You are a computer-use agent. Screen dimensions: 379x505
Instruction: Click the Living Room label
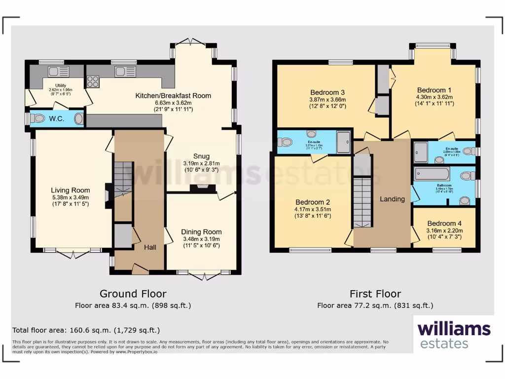pos(71,190)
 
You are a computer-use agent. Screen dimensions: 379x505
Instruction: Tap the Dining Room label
pos(201,232)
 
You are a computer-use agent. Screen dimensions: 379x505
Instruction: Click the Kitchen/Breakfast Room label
pos(173,96)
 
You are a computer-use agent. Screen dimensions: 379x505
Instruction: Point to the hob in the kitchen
pos(93,81)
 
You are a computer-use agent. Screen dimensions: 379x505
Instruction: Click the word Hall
pos(150,247)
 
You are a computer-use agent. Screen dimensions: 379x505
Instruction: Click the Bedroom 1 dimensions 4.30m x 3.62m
pos(434,97)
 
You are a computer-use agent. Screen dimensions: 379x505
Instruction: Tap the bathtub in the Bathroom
pos(432,174)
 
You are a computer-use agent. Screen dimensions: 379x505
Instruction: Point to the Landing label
pos(392,199)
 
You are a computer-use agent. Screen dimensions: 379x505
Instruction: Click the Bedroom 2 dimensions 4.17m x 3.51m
pos(313,209)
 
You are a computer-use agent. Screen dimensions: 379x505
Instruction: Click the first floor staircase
pos(362,202)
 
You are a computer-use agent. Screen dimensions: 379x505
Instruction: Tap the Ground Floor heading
pos(133,294)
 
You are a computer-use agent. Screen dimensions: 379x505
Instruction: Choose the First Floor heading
pos(375,294)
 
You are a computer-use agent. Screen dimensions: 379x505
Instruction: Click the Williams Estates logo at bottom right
pos(454,335)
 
